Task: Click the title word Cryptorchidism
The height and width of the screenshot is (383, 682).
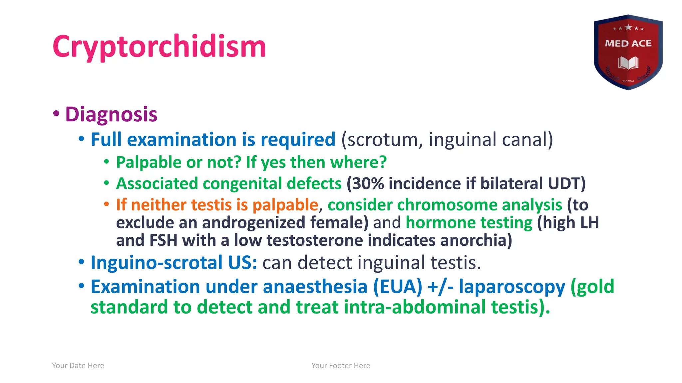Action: pos(159,47)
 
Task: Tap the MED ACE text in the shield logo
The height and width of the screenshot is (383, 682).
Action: pos(628,44)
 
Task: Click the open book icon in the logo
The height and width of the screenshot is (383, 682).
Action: pos(628,63)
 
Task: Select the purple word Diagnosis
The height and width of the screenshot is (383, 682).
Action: pos(111,114)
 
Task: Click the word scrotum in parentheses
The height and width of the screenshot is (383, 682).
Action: pos(382,140)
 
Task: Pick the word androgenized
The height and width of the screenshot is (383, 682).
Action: pos(253,222)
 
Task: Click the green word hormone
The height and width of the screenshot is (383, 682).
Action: pos(433,222)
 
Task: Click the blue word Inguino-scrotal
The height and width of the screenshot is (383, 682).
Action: pos(157,263)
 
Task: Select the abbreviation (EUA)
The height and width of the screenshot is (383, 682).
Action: pos(397,287)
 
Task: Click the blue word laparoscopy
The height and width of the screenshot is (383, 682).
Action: pos(512,287)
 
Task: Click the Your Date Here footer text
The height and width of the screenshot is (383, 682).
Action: pos(78,366)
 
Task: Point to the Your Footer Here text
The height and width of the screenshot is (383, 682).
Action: pos(341,366)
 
